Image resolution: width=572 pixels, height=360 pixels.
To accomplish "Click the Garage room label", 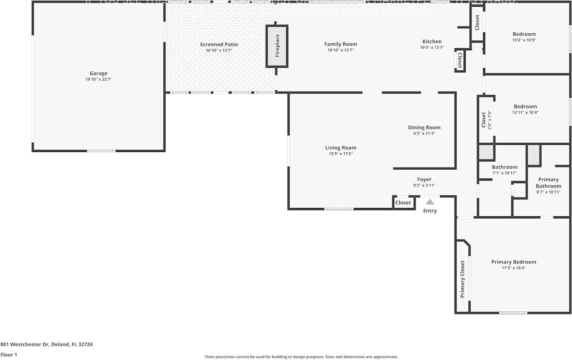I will click(98, 73).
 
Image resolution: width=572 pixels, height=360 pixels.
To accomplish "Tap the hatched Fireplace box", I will click(277, 46).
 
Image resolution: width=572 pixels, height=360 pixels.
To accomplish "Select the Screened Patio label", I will click(219, 44).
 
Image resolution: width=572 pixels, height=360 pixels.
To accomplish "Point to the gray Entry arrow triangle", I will click(429, 202).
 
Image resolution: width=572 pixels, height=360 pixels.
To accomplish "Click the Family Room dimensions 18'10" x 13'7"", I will click(341, 50).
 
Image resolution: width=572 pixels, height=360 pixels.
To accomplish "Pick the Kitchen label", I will click(432, 42).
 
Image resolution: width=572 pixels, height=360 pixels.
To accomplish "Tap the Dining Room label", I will click(424, 127).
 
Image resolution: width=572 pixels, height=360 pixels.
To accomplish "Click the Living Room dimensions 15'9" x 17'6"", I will click(341, 154).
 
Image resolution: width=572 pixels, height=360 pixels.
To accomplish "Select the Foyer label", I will click(424, 180).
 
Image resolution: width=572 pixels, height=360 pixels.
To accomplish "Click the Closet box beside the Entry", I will click(403, 202).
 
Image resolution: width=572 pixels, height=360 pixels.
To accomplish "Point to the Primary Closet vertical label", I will click(463, 279).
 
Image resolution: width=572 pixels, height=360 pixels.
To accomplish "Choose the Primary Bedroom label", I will click(513, 262).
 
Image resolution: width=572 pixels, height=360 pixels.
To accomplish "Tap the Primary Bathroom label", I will click(548, 183).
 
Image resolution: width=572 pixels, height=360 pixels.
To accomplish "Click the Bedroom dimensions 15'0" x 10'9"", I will click(524, 40).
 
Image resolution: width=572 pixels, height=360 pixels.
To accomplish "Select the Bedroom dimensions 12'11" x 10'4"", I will click(525, 113).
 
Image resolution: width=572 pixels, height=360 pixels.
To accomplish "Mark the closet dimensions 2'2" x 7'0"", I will click(489, 120).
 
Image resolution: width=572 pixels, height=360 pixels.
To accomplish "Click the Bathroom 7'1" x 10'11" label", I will click(492, 167).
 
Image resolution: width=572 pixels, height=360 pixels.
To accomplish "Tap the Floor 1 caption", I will click(8, 355).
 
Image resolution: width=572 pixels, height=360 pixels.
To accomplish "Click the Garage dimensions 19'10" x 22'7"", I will click(98, 80).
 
